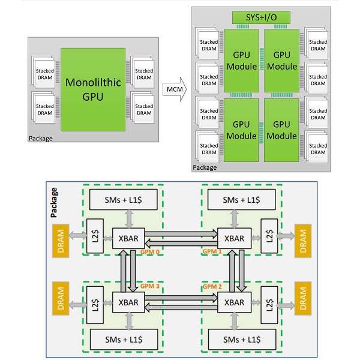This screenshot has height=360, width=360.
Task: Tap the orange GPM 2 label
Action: (211, 286)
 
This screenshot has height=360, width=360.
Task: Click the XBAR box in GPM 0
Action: (126, 238)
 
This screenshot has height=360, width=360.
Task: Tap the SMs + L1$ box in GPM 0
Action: (122, 199)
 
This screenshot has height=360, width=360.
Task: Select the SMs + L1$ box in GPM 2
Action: (238, 339)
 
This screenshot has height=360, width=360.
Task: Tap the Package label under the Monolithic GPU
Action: (41, 139)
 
